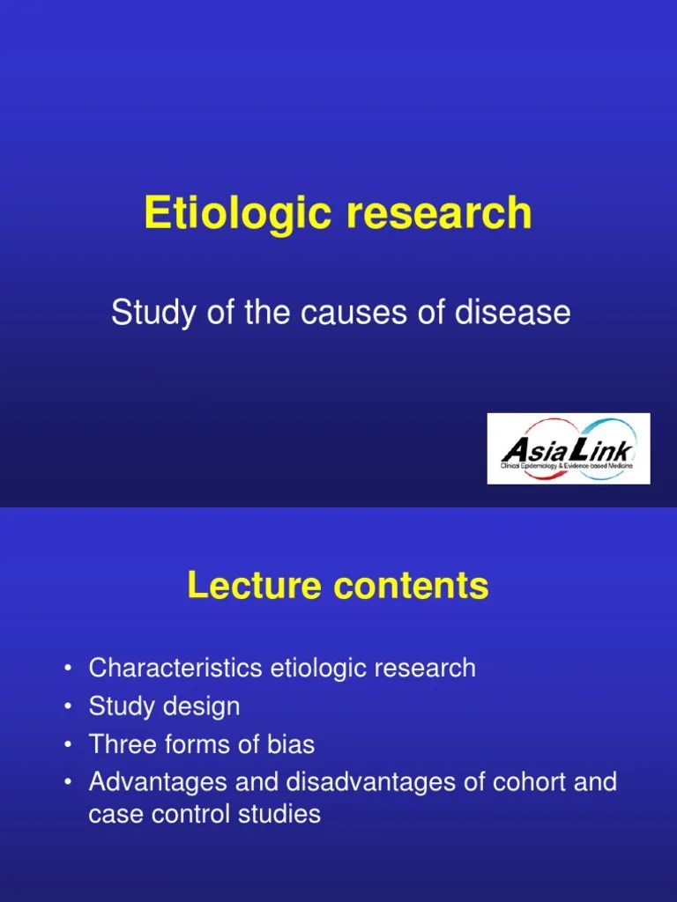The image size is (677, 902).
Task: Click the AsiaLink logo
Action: (569, 448)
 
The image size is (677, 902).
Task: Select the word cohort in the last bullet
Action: (515, 782)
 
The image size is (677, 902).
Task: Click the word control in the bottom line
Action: (183, 814)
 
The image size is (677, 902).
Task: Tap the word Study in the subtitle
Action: (145, 313)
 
